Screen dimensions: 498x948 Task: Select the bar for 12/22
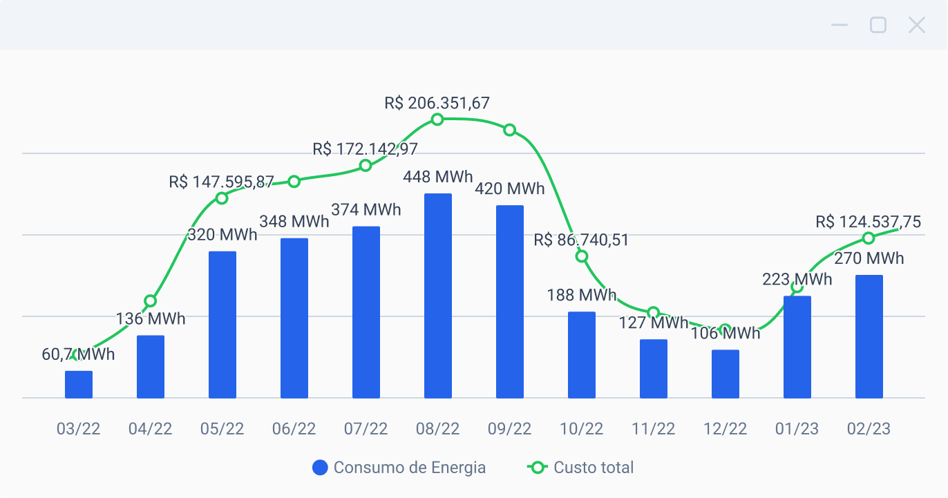pyautogui.click(x=726, y=374)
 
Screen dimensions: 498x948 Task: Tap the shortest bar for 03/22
pyautogui.click(x=79, y=385)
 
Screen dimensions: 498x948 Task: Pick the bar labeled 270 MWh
pyautogui.click(x=869, y=336)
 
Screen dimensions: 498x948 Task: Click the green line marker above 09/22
pyautogui.click(x=510, y=130)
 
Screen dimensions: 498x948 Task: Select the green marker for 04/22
pyautogui.click(x=151, y=301)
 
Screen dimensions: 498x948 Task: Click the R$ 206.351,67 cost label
pyautogui.click(x=437, y=104)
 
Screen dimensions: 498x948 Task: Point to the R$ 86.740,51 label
pyautogui.click(x=581, y=240)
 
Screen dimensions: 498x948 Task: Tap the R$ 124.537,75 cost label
pyautogui.click(x=868, y=222)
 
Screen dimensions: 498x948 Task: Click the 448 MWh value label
pyautogui.click(x=438, y=178)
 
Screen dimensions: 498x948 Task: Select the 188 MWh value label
pyautogui.click(x=581, y=296)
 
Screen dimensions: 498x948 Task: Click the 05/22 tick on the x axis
pyautogui.click(x=222, y=429)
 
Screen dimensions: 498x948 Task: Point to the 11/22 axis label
pyautogui.click(x=654, y=429)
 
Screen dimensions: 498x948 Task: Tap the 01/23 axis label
pyautogui.click(x=797, y=429)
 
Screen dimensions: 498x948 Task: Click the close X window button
pyautogui.click(x=916, y=26)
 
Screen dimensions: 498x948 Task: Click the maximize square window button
pyautogui.click(x=878, y=26)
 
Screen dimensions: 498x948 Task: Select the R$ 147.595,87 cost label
pyautogui.click(x=221, y=182)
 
